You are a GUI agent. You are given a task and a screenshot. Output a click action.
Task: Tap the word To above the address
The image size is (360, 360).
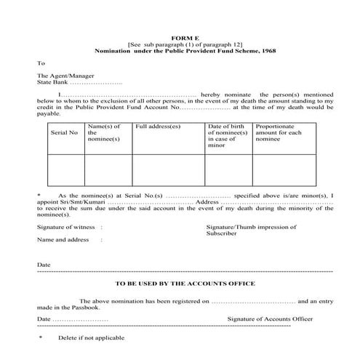coord(41,63)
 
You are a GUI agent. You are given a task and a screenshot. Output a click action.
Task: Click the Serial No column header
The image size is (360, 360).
coord(63,134)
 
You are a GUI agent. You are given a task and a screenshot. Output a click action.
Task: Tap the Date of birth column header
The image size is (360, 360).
coord(228,134)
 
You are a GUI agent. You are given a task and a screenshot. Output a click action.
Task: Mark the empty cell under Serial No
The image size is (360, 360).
coord(63,170)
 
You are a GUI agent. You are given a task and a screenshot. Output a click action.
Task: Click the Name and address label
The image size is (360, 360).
coord(63,239)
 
